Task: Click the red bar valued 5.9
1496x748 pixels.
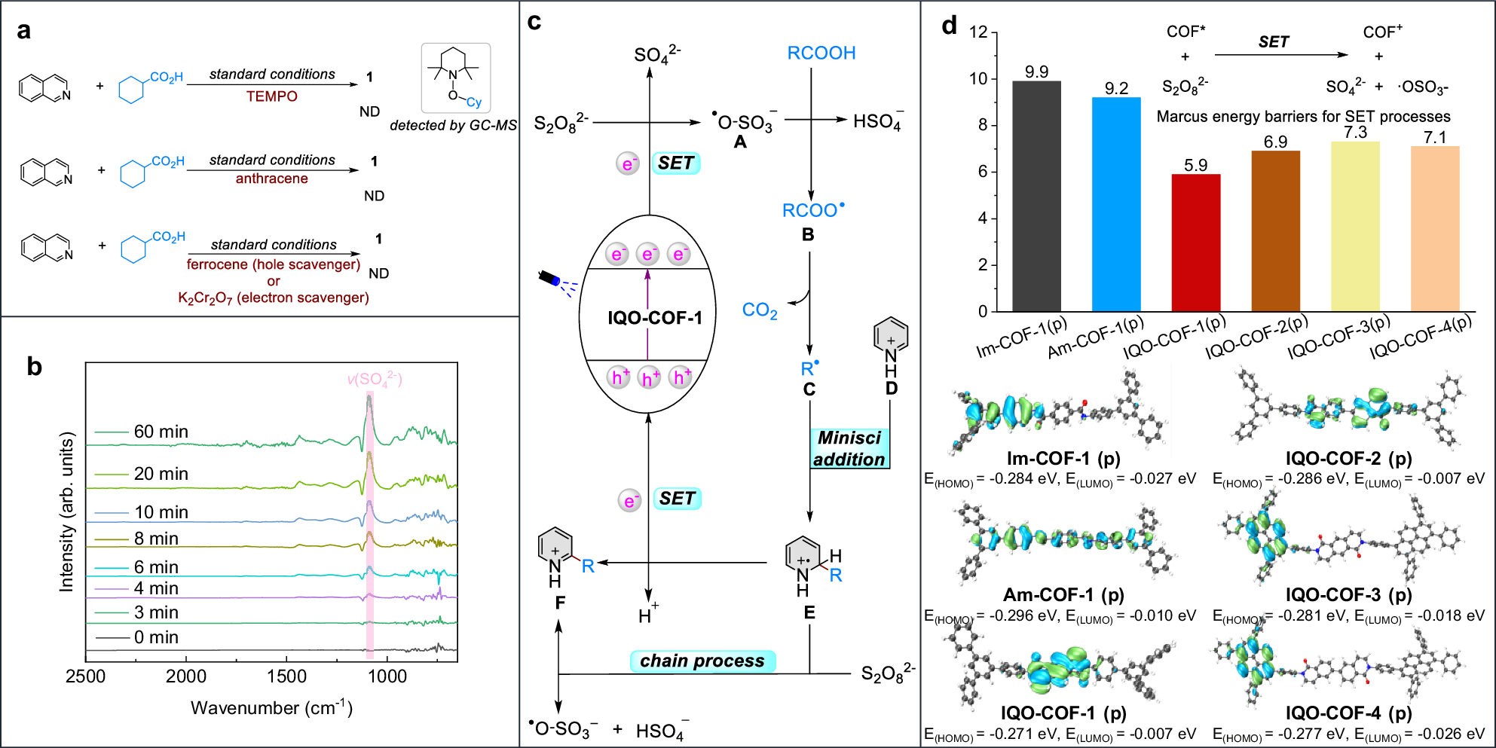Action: pos(1195,243)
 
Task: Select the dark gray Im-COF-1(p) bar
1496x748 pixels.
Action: pos(1036,196)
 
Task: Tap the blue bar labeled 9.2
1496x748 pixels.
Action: pos(1116,204)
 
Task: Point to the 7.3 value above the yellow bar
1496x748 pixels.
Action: pos(1355,133)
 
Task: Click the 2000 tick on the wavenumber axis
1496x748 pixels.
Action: pos(186,676)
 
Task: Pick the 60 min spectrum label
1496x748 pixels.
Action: pos(161,432)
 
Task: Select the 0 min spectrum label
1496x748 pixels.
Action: pos(156,637)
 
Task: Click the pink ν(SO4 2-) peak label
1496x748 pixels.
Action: pos(375,379)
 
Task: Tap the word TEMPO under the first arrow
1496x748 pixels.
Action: pos(271,96)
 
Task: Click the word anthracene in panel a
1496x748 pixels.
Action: pos(271,179)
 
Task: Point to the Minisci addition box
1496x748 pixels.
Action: pos(849,449)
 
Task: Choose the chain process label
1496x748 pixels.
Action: pos(702,661)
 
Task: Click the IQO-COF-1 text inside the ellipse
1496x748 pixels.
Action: pos(654,318)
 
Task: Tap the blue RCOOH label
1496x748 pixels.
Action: pos(821,53)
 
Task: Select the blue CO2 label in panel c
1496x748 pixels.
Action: pos(759,310)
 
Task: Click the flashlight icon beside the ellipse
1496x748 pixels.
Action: pos(549,278)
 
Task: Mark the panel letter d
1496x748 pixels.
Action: pos(949,26)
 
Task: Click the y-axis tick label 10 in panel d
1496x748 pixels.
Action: pos(977,78)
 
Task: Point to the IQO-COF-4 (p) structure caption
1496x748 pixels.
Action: pos(1348,713)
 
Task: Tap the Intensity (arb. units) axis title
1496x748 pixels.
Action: pos(67,511)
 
